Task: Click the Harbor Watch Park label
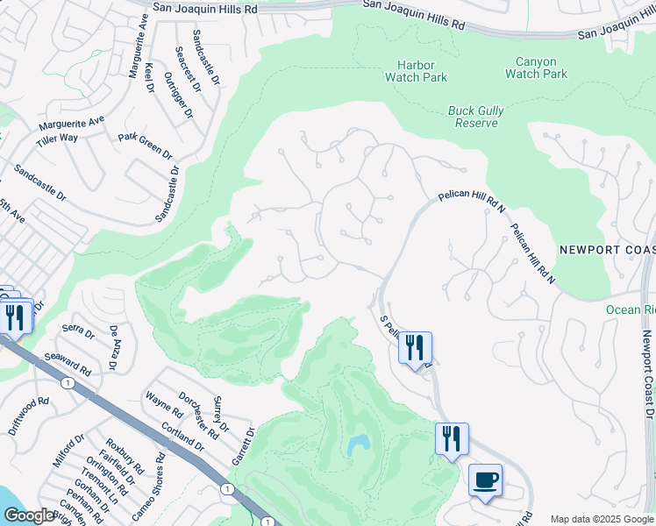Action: point(416,71)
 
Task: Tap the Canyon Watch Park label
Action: point(536,68)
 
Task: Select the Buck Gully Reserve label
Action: point(473,117)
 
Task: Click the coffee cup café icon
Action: point(485,481)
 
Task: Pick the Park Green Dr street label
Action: point(146,146)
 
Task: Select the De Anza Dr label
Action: point(113,347)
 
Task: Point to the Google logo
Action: point(29,515)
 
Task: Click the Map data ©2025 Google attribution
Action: point(601,519)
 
